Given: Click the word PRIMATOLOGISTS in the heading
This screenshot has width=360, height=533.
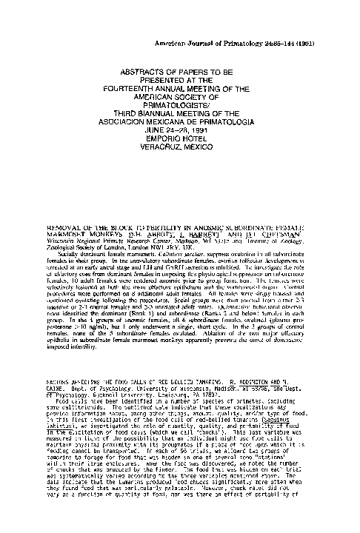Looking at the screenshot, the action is coord(180,113).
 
